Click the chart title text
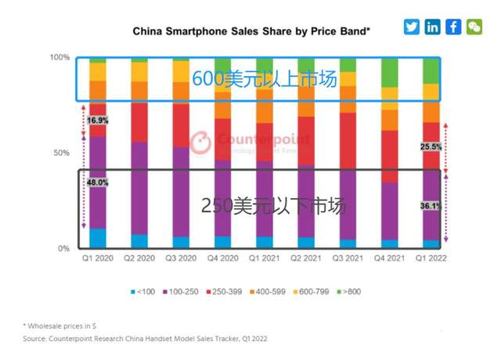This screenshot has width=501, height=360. click(x=251, y=32)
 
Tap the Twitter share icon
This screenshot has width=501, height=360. click(x=412, y=27)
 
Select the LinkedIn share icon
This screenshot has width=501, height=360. click(x=433, y=27)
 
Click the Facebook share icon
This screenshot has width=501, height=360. click(x=453, y=27)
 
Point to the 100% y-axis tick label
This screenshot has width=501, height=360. click(x=60, y=58)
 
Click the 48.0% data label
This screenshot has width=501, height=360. click(x=97, y=182)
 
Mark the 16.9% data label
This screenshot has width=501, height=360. click(x=97, y=121)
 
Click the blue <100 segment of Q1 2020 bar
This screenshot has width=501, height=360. click(x=97, y=238)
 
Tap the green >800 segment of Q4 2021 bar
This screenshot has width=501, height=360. click(x=389, y=73)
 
